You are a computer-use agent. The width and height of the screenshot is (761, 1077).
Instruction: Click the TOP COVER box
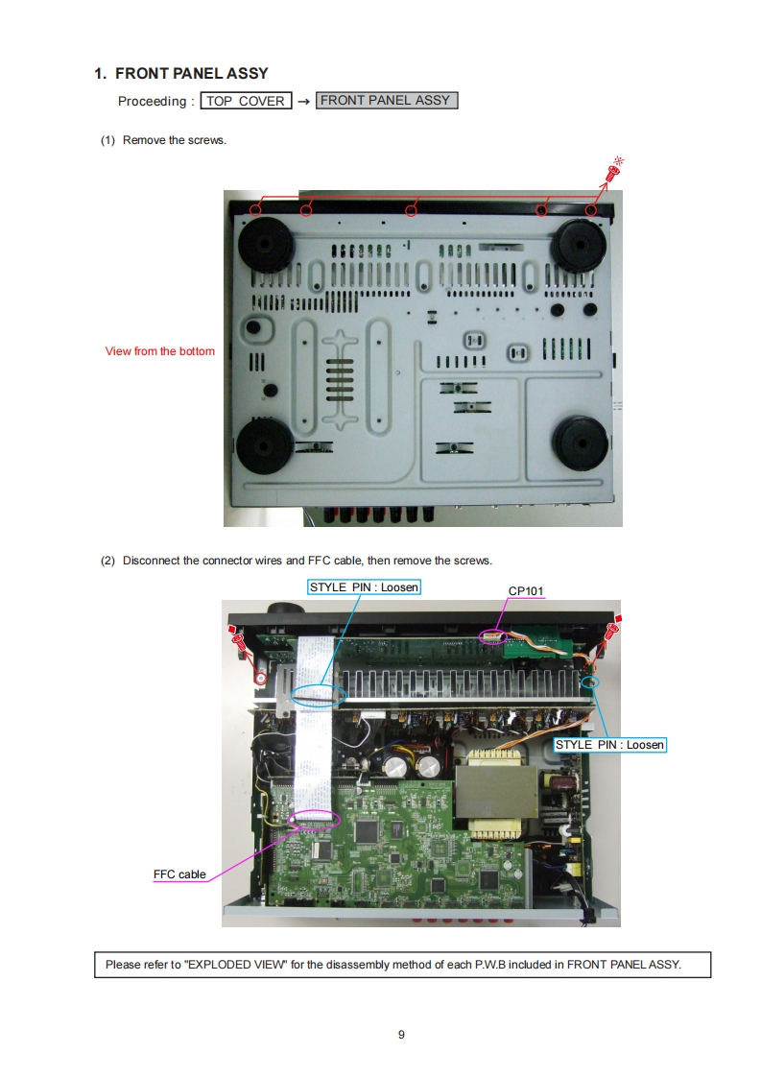point(246,101)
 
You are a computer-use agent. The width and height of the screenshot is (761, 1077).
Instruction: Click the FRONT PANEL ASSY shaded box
point(387,100)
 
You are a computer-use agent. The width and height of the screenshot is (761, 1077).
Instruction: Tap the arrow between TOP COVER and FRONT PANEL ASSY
point(303,102)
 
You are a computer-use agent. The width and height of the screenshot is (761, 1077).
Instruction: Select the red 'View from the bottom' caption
point(160,351)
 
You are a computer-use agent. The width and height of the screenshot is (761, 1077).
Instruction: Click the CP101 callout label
point(526,590)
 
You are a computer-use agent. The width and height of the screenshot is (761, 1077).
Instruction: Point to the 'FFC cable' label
point(179,874)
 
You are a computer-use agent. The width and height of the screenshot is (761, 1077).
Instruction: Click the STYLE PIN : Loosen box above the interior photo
point(364,587)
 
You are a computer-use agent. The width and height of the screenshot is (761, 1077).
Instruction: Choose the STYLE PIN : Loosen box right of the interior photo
point(610,745)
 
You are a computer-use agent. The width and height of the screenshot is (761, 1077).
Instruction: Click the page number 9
point(402,1035)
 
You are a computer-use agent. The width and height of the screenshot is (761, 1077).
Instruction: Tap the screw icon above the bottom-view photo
point(613,170)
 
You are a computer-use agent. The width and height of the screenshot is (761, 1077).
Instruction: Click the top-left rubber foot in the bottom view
point(265,245)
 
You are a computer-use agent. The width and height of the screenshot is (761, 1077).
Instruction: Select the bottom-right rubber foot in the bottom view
point(581,443)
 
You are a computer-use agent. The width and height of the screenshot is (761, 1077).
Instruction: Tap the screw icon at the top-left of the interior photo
point(238,641)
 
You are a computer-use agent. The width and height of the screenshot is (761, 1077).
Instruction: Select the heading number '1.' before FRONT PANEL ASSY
point(101,74)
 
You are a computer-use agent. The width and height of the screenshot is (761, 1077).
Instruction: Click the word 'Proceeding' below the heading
point(152,102)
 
